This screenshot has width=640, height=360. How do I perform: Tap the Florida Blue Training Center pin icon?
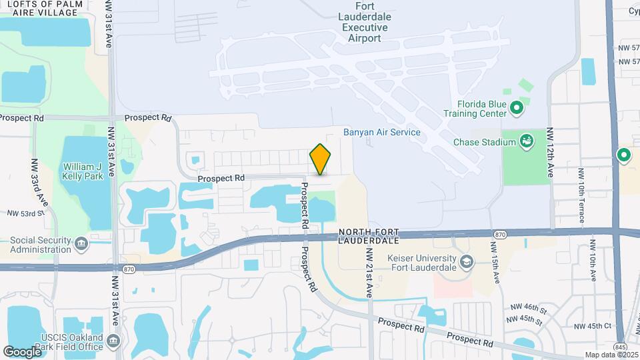tap(516, 107)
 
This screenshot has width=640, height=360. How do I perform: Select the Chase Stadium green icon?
tap(527, 141)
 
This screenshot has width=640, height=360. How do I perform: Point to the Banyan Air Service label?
tap(382, 132)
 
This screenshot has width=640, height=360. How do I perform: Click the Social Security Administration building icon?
tap(82, 243)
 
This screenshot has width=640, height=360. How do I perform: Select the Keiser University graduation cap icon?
tap(465, 260)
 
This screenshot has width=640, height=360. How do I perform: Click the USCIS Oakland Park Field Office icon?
tap(112, 342)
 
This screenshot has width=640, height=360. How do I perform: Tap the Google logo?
tap(22, 351)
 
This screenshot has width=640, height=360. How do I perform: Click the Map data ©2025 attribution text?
tap(611, 355)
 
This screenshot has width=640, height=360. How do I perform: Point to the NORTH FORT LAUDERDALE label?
tap(369, 236)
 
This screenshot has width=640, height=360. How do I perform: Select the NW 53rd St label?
tap(25, 213)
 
